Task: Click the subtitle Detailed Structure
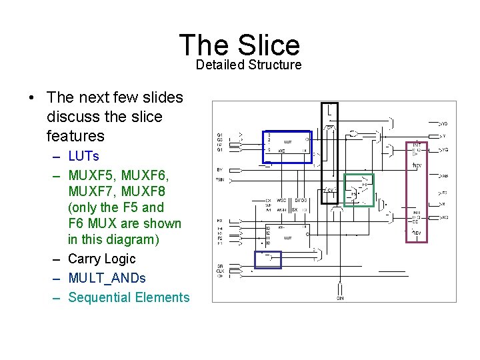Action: [248, 65]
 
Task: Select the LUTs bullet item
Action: [83, 156]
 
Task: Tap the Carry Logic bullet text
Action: [101, 259]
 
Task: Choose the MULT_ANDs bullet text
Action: [107, 278]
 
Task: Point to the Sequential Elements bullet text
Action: [129, 297]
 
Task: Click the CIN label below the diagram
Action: [340, 298]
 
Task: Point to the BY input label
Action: [219, 169]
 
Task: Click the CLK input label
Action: [219, 270]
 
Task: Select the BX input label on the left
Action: [219, 220]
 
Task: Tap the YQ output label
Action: [444, 150]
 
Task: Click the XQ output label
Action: [444, 218]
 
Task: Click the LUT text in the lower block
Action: [288, 237]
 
